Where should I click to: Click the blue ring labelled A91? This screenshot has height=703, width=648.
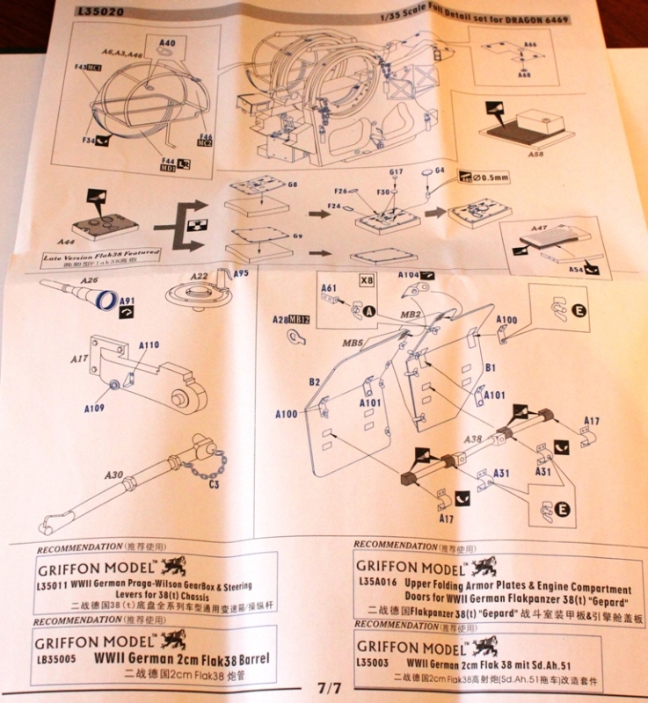pos(105,301)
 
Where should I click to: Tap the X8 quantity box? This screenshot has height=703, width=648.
pos(367,279)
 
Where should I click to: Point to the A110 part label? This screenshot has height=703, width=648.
pos(149,345)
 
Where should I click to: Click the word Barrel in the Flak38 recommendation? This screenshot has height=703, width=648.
pos(225,657)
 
